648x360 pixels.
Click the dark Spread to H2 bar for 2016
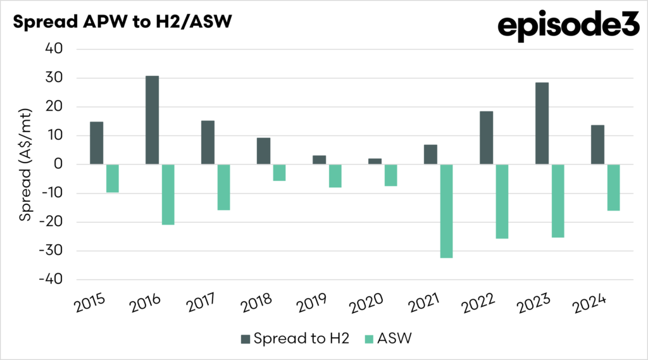pyautogui.click(x=152, y=120)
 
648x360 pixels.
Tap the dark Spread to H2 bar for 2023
pyautogui.click(x=542, y=123)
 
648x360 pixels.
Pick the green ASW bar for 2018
pyautogui.click(x=279, y=172)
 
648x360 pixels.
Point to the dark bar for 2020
pyautogui.click(x=375, y=161)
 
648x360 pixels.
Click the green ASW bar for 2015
pyautogui.click(x=112, y=178)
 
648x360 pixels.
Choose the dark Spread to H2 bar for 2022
pyautogui.click(x=486, y=138)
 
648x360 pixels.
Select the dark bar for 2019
pyautogui.click(x=319, y=159)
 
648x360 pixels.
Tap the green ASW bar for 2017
pyautogui.click(x=223, y=187)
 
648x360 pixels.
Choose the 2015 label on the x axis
pyautogui.click(x=89, y=305)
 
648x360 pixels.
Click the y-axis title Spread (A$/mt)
pyautogui.click(x=25, y=164)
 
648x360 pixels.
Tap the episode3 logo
pyautogui.click(x=568, y=26)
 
